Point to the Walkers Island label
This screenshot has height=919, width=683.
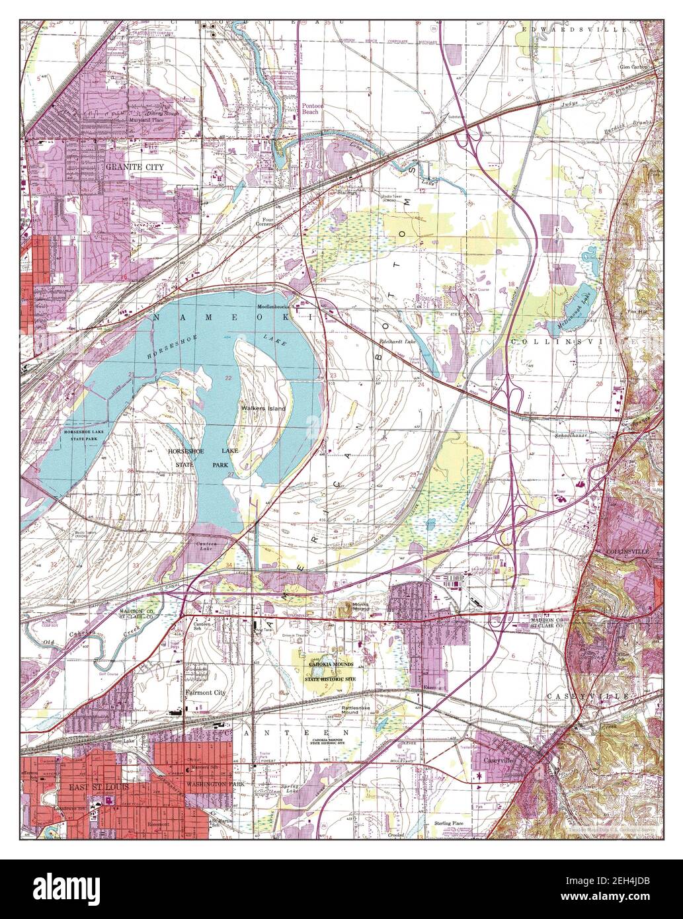[263, 409]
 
